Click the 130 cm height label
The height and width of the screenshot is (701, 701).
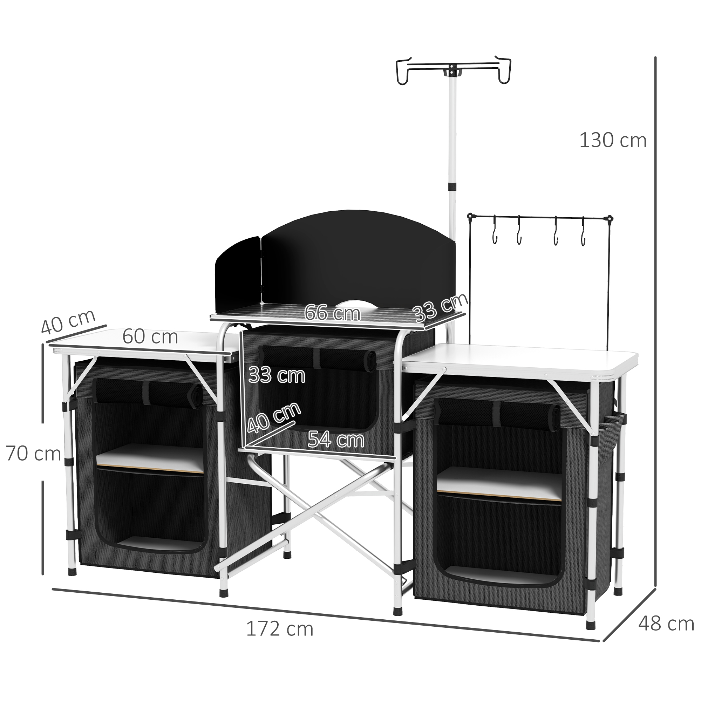(x=613, y=141)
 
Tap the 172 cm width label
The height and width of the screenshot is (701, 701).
(x=279, y=629)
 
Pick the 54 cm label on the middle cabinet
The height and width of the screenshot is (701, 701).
(x=336, y=440)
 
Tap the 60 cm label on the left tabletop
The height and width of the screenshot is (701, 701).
(x=150, y=337)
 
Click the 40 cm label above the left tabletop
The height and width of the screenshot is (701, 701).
(x=68, y=322)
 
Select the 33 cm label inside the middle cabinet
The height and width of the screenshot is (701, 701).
(x=277, y=375)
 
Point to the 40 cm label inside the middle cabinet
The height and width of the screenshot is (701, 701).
(x=274, y=418)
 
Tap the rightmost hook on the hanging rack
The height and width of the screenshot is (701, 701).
(x=583, y=236)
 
